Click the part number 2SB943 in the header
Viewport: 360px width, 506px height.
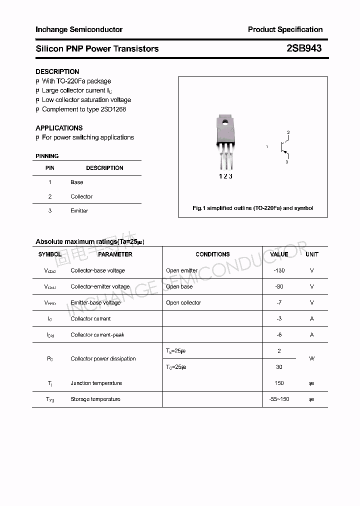point(304,48)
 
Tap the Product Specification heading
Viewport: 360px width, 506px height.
point(285,29)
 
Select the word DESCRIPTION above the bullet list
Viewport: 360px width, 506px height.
point(57,71)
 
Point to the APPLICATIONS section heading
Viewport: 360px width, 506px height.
point(59,128)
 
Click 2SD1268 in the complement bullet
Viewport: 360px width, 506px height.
point(113,109)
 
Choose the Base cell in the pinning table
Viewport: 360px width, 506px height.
point(77,182)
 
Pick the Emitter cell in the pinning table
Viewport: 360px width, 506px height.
point(79,210)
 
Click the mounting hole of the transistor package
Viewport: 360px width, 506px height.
point(225,120)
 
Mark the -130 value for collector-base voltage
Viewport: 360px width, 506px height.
point(279,270)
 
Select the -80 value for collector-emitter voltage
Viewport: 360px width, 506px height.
point(279,286)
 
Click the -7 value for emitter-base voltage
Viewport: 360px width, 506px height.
point(279,302)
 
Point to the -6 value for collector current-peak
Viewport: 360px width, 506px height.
point(279,334)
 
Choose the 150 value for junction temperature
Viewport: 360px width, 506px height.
point(279,383)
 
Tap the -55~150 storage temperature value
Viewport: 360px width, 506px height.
point(279,399)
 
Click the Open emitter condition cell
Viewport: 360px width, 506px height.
point(181,270)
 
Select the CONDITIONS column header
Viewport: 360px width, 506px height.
point(212,254)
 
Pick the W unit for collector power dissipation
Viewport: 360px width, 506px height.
point(312,358)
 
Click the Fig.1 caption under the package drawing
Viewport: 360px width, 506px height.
point(253,208)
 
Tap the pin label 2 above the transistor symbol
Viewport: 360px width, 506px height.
point(288,132)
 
